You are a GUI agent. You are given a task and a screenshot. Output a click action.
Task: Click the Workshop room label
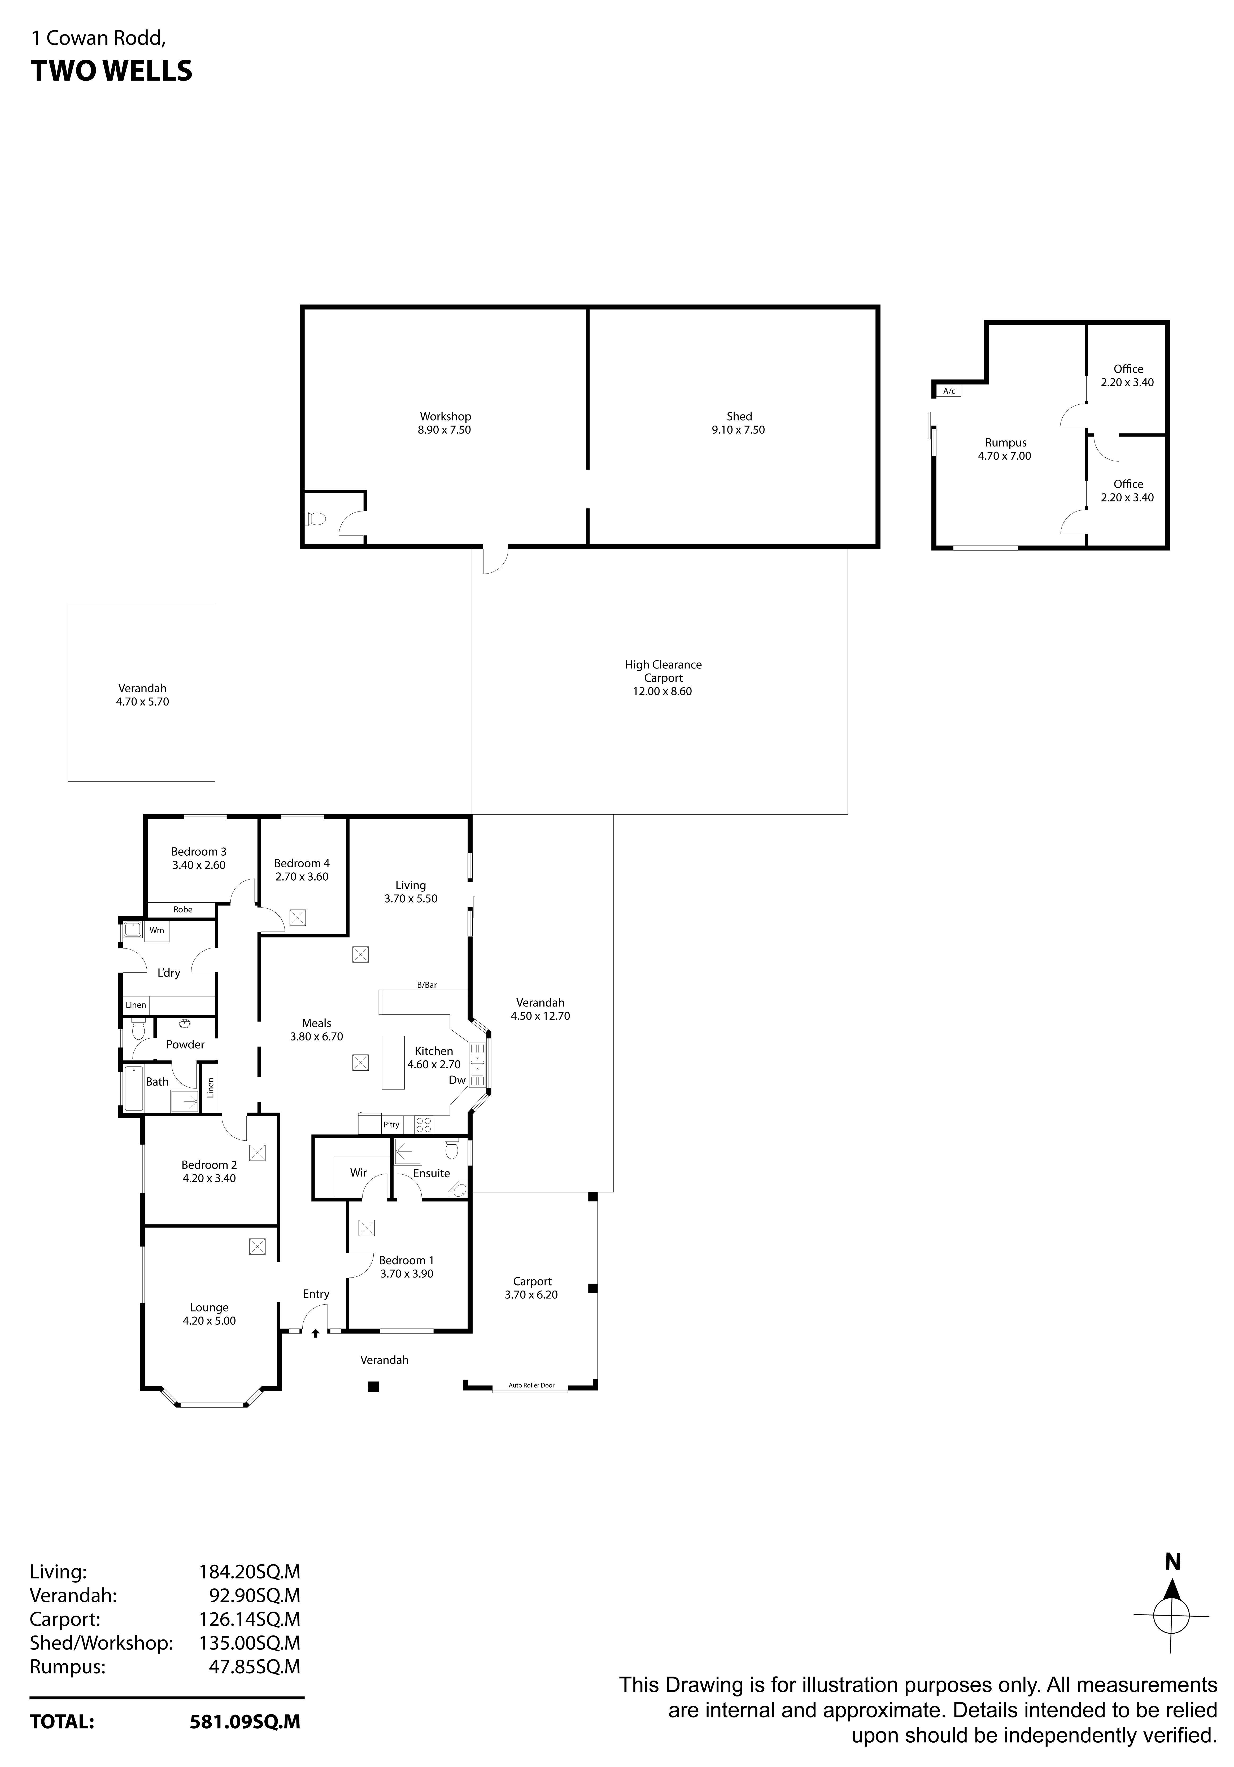click(x=445, y=416)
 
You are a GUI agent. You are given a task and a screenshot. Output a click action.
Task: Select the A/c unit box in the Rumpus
click(x=949, y=391)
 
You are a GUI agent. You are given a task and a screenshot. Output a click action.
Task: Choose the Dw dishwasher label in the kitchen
click(x=457, y=1080)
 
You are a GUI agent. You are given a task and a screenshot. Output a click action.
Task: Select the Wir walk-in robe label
click(x=358, y=1173)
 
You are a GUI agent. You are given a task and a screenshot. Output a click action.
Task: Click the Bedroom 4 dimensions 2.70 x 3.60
click(x=302, y=877)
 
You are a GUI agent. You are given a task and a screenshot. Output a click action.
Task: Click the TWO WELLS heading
click(x=112, y=71)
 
